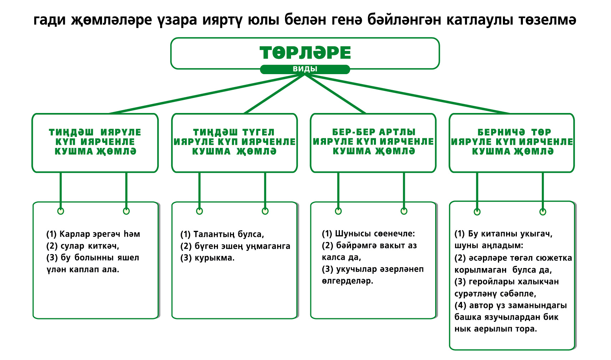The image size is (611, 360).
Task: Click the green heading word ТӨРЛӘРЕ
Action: point(305,53)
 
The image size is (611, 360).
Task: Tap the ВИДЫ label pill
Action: point(305,69)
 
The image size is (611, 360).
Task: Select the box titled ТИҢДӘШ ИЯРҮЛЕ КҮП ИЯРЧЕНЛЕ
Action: point(95,142)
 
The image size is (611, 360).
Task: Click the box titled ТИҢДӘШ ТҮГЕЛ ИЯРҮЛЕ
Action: point(234,142)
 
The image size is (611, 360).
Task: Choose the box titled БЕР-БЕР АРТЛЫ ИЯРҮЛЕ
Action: point(373,142)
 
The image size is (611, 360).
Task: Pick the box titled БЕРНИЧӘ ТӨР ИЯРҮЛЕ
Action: point(511,142)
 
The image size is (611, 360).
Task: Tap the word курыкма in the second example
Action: point(214,258)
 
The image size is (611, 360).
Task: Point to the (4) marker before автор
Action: point(460,305)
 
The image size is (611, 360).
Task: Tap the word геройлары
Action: point(492,282)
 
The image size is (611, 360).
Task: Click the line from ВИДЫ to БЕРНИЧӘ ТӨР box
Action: point(410,94)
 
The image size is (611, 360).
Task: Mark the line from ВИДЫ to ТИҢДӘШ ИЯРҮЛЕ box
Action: point(203,94)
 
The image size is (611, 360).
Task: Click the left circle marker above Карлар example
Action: point(61,211)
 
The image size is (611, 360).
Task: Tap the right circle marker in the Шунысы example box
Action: point(404,211)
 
